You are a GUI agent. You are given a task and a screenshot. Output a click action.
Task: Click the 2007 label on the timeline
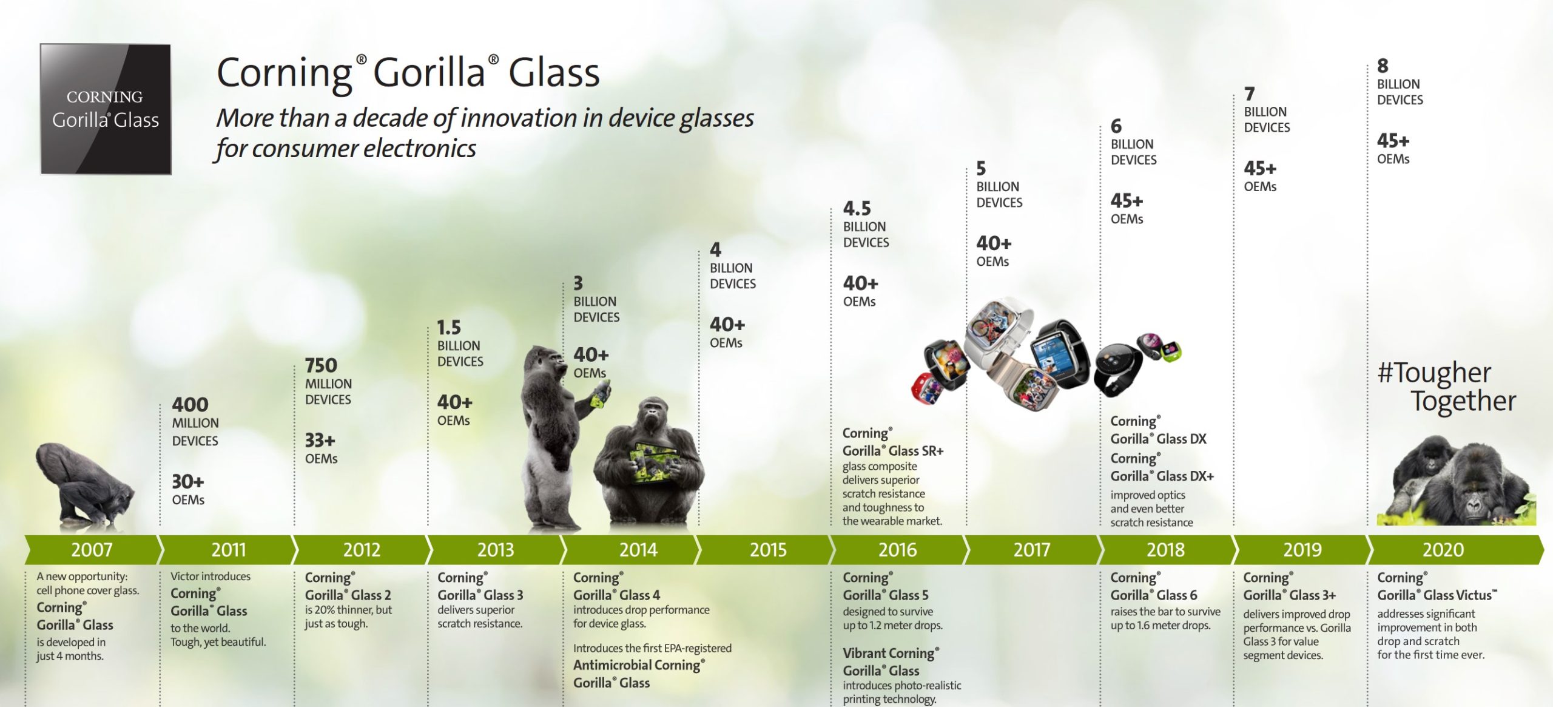pyautogui.click(x=92, y=550)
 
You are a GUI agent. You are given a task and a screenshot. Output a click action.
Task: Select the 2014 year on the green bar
pyautogui.click(x=638, y=550)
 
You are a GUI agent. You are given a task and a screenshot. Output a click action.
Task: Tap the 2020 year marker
pyautogui.click(x=1443, y=550)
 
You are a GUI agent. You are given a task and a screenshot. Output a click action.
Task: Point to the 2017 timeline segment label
pyautogui.click(x=1031, y=550)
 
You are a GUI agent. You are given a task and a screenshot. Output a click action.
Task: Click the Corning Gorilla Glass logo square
pyautogui.click(x=106, y=109)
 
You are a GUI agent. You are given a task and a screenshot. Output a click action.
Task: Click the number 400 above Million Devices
pyautogui.click(x=190, y=404)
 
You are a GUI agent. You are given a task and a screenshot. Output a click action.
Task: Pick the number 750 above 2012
pyautogui.click(x=321, y=365)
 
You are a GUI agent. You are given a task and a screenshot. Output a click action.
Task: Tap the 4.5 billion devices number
pyautogui.click(x=857, y=209)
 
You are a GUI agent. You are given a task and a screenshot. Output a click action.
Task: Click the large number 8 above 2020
pyautogui.click(x=1383, y=66)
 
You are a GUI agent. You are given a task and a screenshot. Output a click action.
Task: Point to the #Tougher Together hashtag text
pyautogui.click(x=1447, y=387)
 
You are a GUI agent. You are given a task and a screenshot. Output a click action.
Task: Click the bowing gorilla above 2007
pyautogui.click(x=85, y=483)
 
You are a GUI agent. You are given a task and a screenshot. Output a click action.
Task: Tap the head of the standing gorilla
pyautogui.click(x=544, y=364)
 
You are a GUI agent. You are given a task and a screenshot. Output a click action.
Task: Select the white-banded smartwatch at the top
pyautogui.click(x=998, y=331)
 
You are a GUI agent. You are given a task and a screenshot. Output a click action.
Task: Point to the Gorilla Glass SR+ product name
pyautogui.click(x=893, y=451)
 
